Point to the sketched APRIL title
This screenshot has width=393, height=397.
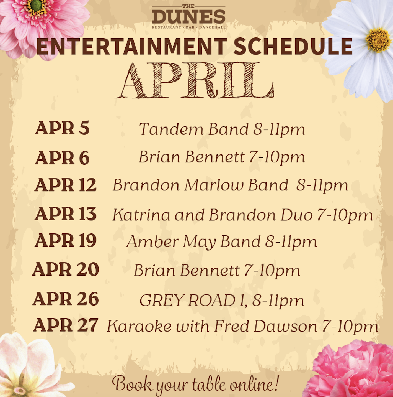(x=195, y=80)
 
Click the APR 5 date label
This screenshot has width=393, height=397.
(x=62, y=128)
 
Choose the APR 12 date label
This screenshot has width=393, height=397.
(x=65, y=185)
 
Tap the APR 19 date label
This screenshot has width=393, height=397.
(x=65, y=240)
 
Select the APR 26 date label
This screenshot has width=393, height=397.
(x=66, y=299)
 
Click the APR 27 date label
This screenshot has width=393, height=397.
(x=65, y=325)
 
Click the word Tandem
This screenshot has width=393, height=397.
(x=171, y=129)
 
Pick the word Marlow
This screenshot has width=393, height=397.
(x=214, y=185)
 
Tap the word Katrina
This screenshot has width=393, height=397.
(x=141, y=215)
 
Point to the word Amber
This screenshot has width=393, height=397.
(x=153, y=241)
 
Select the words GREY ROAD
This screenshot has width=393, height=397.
(x=187, y=300)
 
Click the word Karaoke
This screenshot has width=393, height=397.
(x=139, y=326)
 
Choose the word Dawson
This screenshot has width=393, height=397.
(x=285, y=326)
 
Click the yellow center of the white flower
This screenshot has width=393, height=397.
(x=378, y=40)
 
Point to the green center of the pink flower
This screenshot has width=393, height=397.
(x=36, y=6)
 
